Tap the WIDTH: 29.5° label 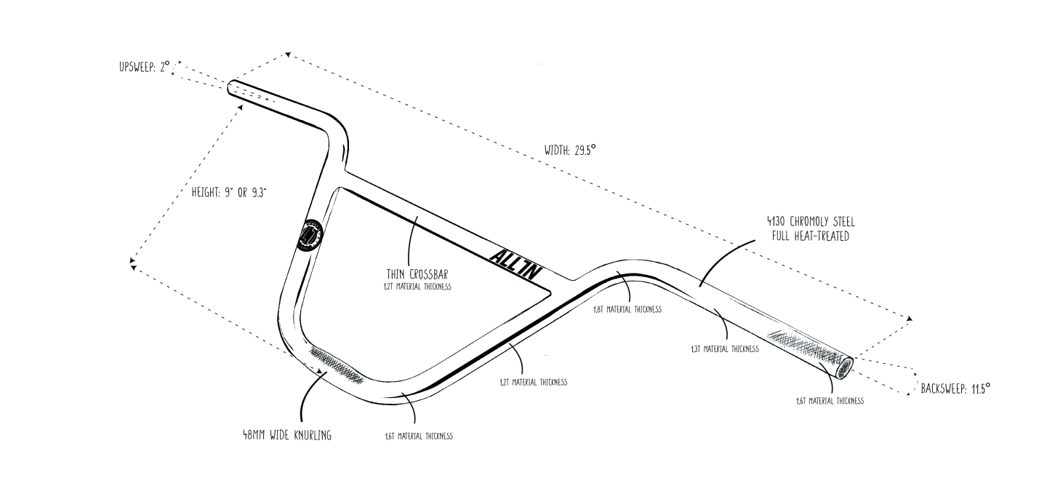point(570,151)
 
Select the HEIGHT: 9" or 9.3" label point(228,192)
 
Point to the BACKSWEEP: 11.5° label point(955,389)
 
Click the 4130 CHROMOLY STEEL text point(811,221)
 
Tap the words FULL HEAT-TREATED point(811,236)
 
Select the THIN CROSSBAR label point(417,274)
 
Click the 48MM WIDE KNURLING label point(287,435)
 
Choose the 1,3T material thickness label point(724,349)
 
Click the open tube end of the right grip point(845,368)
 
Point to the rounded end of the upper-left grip point(231,87)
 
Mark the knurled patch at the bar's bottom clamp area point(337,366)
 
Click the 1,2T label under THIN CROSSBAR point(417,287)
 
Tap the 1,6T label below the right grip point(830,401)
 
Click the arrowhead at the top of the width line point(288,55)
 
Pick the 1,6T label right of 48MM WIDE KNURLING point(418,437)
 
